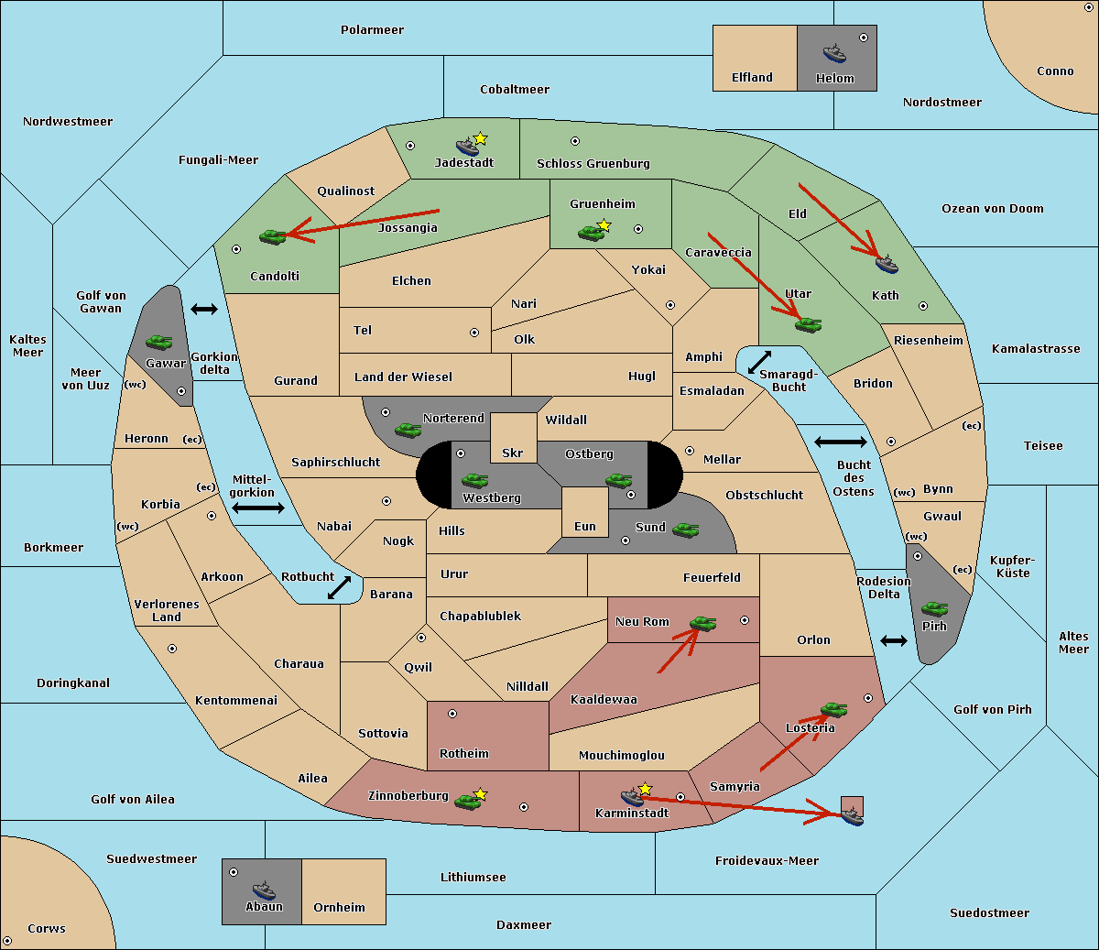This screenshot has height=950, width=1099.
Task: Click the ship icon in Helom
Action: point(834,53)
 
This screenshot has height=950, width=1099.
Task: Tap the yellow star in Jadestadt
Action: point(480,138)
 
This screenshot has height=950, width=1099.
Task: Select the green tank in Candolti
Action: point(273,236)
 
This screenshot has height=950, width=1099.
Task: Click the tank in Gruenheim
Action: point(592,233)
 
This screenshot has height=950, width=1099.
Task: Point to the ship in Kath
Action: point(887,264)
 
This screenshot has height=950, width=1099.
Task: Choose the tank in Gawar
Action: point(159,342)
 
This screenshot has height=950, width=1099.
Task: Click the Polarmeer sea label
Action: point(372,30)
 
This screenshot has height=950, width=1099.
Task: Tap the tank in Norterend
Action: point(408,430)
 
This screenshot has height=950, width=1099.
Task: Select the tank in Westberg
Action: point(474,480)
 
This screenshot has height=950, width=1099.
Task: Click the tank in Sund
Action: point(685,530)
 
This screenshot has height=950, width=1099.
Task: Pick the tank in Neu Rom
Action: point(702,623)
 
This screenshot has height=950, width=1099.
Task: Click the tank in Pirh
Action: point(935,608)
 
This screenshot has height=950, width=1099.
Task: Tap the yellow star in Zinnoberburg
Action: point(480,794)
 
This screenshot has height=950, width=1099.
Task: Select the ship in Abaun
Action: point(264,890)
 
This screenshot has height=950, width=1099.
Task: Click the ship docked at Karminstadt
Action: point(632,797)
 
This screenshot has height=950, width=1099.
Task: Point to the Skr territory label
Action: point(512,453)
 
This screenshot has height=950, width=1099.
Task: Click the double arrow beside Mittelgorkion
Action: point(258,508)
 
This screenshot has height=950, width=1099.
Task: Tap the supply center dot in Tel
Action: point(474,333)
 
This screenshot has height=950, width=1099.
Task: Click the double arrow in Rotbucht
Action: point(339,587)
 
